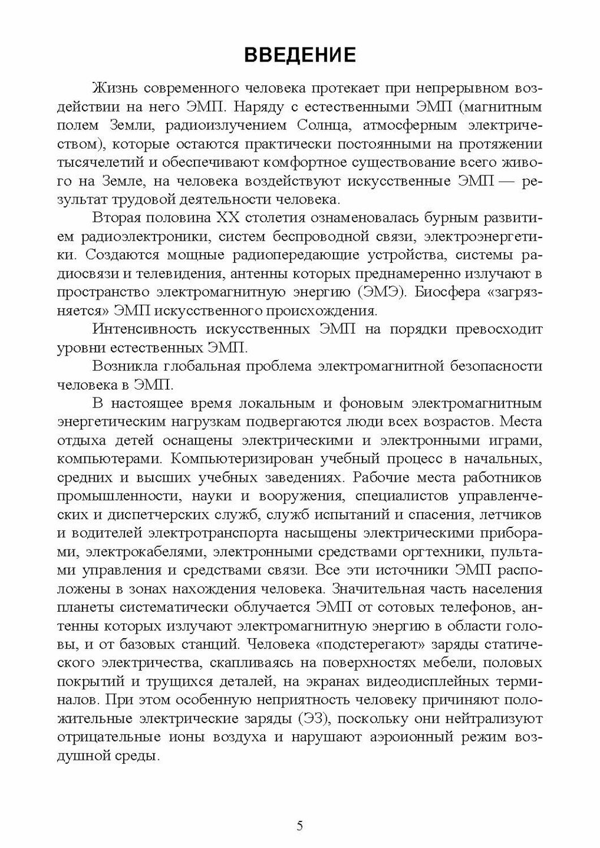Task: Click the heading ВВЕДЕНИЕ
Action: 300,55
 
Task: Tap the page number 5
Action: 300,825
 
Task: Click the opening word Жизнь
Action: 114,89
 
